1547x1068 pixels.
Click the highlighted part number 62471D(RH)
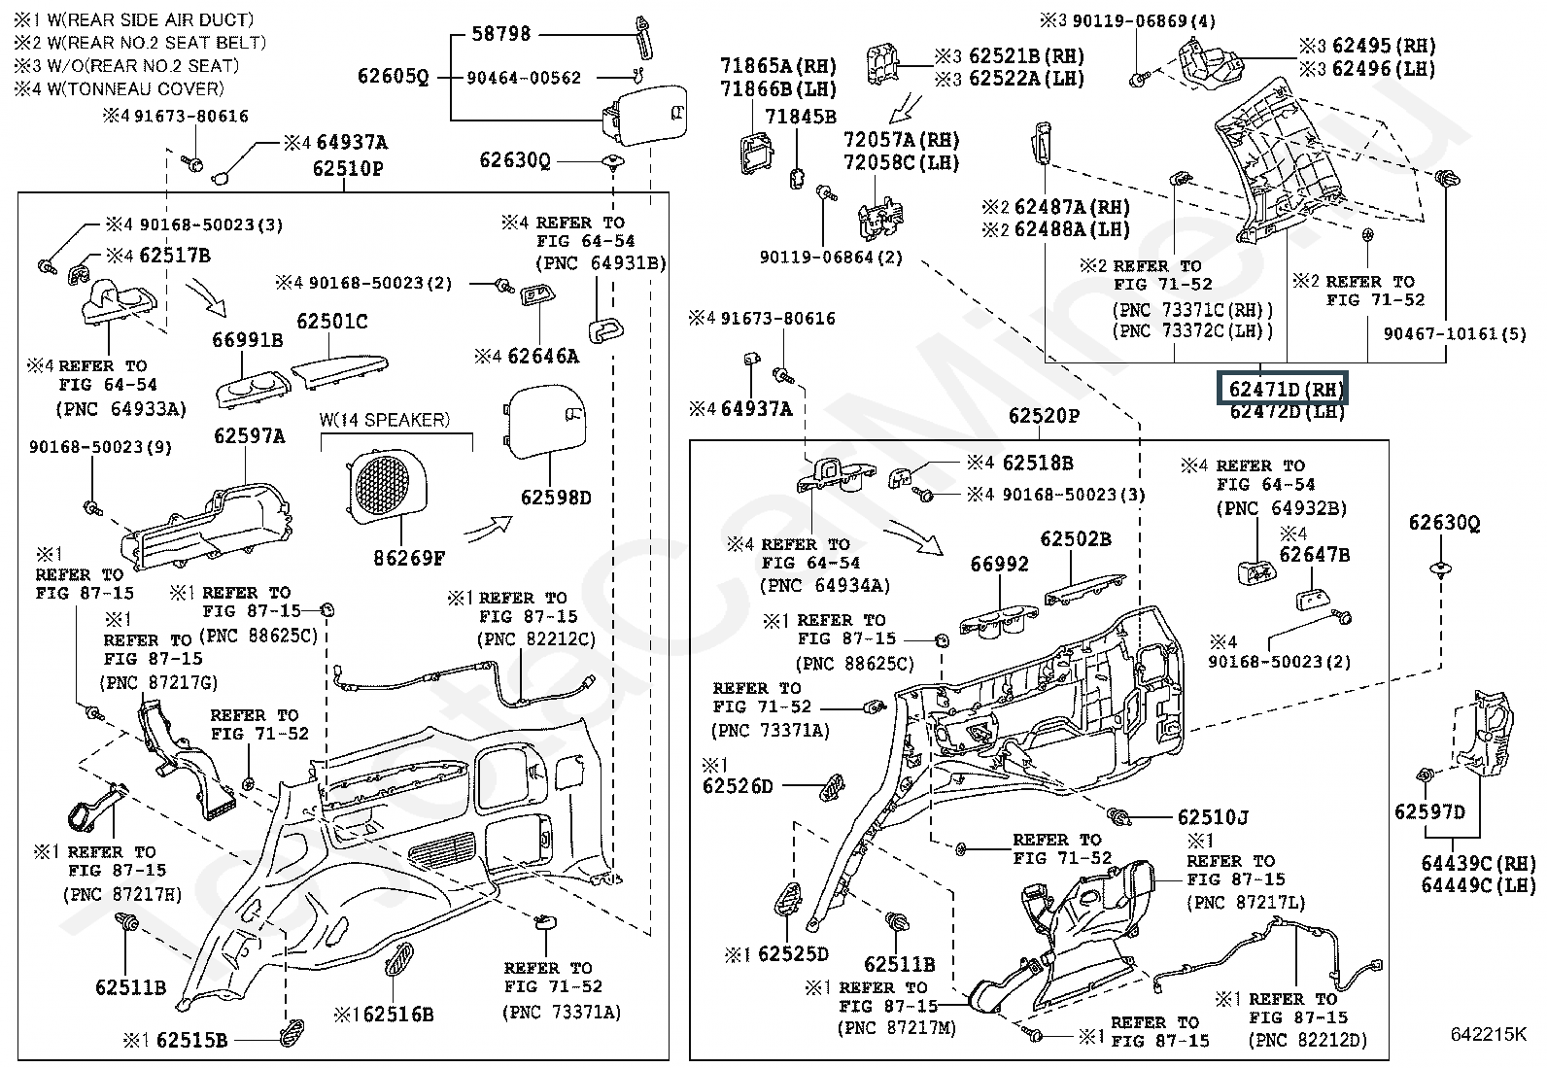[x=1285, y=390]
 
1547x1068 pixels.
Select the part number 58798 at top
[x=501, y=34]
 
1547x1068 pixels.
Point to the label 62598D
[x=556, y=498]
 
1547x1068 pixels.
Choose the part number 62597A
[x=250, y=437]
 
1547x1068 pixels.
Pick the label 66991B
[x=248, y=340]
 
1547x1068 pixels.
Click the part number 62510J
[x=1213, y=818]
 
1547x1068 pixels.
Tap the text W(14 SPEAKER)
[x=385, y=420]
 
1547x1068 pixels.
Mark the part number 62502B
[x=1076, y=539]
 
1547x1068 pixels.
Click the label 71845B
[x=800, y=118]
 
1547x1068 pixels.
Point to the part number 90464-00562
[x=524, y=78]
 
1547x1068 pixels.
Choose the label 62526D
[x=738, y=785]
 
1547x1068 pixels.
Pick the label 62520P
[x=1044, y=416]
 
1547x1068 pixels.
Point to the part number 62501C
[x=332, y=322]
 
